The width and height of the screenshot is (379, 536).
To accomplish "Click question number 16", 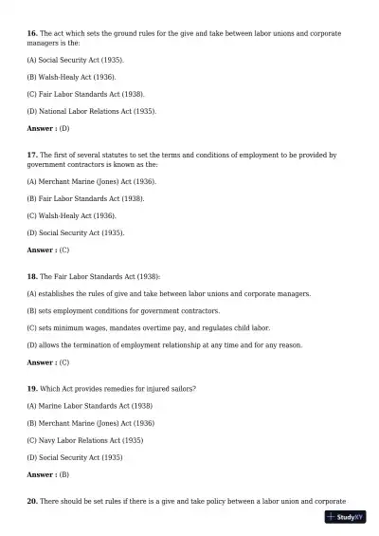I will (x=32, y=33).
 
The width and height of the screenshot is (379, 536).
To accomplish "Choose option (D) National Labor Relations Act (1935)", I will (x=92, y=111).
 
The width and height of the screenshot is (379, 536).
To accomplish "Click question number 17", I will (x=32, y=155).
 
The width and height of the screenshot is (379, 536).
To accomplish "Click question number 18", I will (x=32, y=276).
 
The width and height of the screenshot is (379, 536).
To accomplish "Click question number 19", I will (x=32, y=389).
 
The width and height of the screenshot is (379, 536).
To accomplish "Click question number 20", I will (x=32, y=501).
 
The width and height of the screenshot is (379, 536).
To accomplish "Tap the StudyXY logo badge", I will (x=346, y=518).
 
